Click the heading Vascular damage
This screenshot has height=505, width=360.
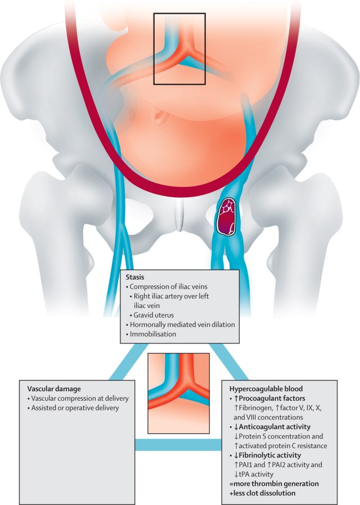pyautogui.click(x=55, y=388)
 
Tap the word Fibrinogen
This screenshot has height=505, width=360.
pyautogui.click(x=252, y=408)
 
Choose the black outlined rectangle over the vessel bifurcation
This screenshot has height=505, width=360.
pyautogui.click(x=180, y=49)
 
